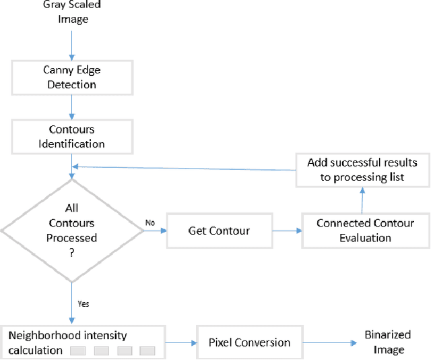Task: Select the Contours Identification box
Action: pyautogui.click(x=71, y=136)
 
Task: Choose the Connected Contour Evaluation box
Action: pyautogui.click(x=365, y=231)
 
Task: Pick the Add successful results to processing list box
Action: pyautogui.click(x=362, y=169)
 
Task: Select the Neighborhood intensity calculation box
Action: pyautogui.click(x=83, y=342)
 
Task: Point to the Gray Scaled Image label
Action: pyautogui.click(x=72, y=12)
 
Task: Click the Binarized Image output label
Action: pyautogui.click(x=387, y=342)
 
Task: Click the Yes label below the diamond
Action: pyautogui.click(x=84, y=303)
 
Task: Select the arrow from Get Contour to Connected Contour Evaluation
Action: pyautogui.click(x=286, y=231)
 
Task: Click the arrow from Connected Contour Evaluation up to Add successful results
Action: pyautogui.click(x=362, y=200)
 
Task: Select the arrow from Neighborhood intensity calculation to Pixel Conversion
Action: pyautogui.click(x=180, y=342)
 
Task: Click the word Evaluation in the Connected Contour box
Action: pyautogui.click(x=365, y=238)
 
